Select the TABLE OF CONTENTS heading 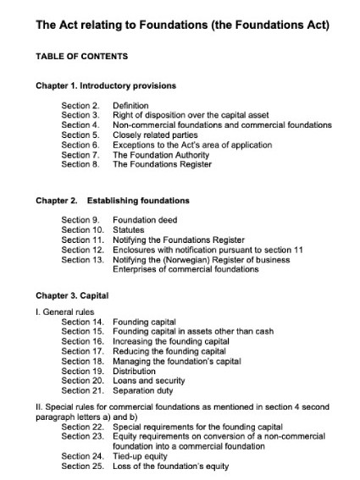click(x=81, y=57)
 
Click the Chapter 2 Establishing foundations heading click(x=113, y=201)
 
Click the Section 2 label click(x=80, y=106)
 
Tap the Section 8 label click(x=80, y=163)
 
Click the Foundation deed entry click(x=143, y=220)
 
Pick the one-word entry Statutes click(x=129, y=230)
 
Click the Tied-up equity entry click(x=141, y=457)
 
